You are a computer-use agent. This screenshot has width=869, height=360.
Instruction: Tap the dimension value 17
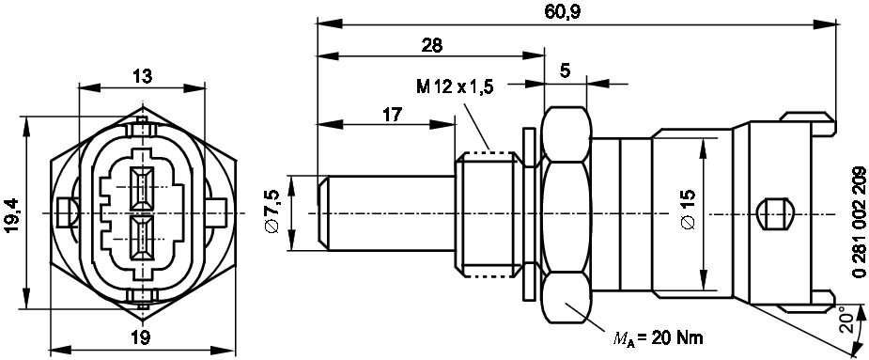392,115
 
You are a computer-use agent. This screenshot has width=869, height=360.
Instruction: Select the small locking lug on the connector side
771,213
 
